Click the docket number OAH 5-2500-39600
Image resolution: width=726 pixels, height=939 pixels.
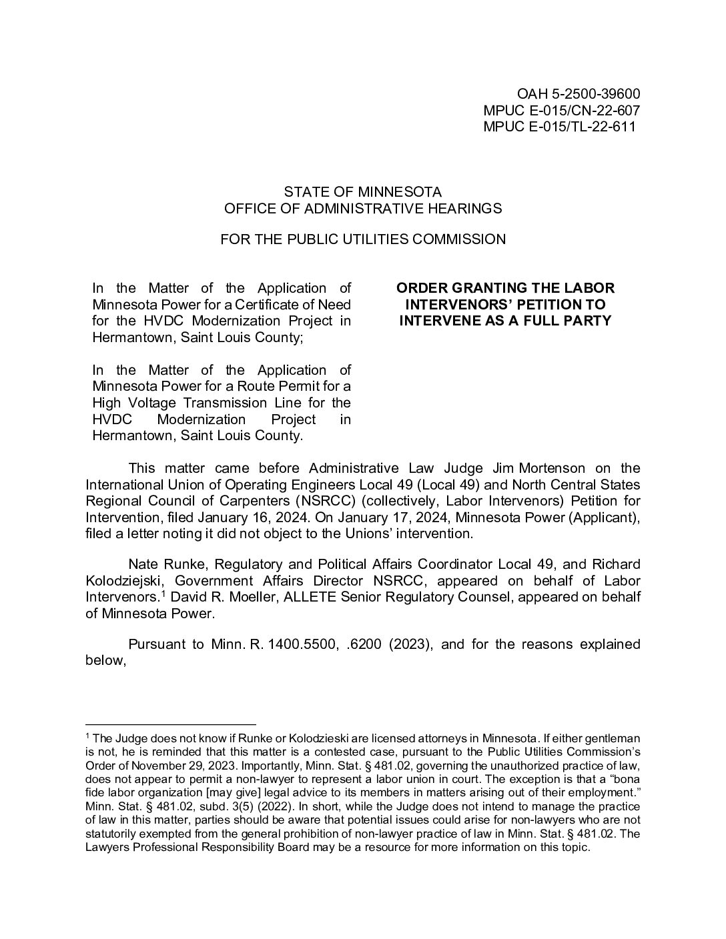[x=579, y=94]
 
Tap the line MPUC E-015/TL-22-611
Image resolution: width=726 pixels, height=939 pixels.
[x=559, y=126]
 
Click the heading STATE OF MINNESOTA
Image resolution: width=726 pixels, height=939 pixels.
[x=362, y=192]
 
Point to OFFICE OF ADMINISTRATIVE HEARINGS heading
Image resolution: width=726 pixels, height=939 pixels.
[x=362, y=208]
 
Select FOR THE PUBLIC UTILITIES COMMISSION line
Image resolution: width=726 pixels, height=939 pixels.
[x=362, y=239]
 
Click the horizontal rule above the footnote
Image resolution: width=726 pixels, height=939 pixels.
[x=171, y=724]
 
